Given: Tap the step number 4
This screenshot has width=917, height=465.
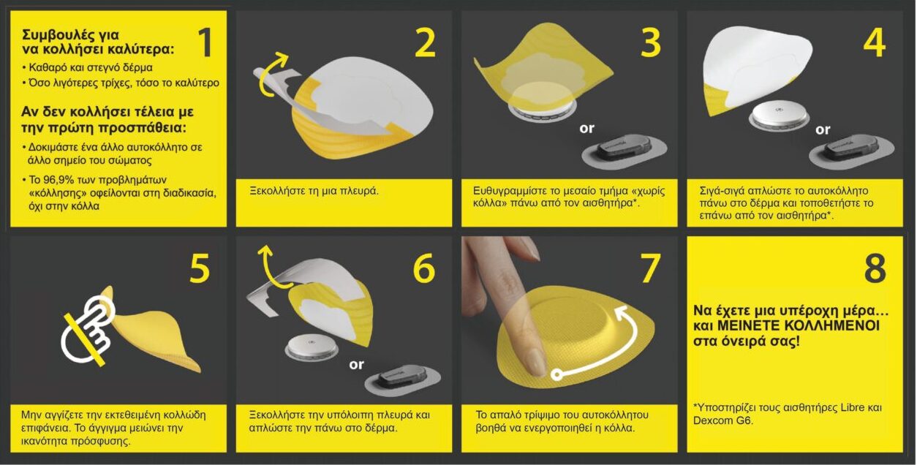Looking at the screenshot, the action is (x=874, y=42).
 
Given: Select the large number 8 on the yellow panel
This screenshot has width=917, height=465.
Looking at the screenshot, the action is (x=875, y=268).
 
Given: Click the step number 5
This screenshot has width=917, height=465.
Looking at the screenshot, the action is (x=200, y=268).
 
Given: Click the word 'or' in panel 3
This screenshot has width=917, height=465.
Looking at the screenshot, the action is (x=586, y=129).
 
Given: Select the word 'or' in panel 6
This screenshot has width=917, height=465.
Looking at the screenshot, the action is (x=356, y=364).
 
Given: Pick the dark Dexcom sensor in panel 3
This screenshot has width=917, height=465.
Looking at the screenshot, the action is (x=624, y=154).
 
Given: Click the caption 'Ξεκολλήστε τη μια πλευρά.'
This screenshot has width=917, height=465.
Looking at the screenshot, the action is (x=314, y=191).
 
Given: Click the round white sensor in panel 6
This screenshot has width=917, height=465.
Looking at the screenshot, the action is (x=312, y=348).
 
